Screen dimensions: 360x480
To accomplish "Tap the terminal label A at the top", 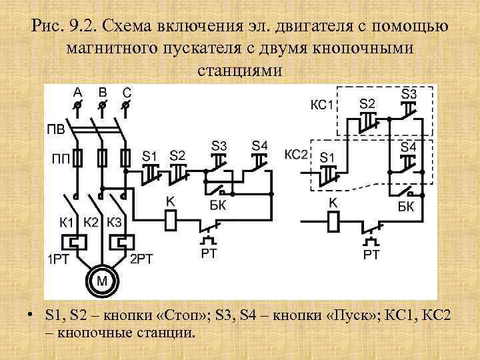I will click(78, 92).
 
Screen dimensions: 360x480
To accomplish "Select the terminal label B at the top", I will click(102, 92).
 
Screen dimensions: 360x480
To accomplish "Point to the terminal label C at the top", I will click(127, 92).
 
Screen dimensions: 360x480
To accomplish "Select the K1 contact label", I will click(67, 222).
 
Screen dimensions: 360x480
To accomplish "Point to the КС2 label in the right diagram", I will click(296, 154).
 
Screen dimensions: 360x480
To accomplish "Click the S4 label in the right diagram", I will click(409, 146).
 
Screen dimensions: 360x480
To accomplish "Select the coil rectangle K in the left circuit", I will click(171, 217).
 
